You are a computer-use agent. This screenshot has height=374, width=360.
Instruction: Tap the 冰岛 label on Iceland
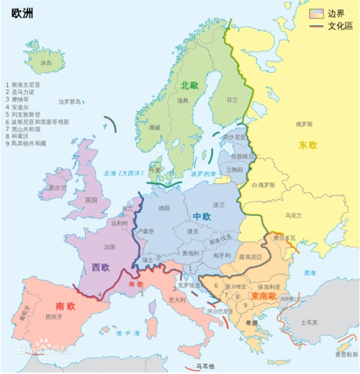pyautogui.click(x=47, y=63)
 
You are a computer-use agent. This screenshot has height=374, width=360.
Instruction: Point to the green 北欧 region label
pyautogui.click(x=190, y=85)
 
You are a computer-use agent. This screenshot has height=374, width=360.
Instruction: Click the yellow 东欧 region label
pyautogui.click(x=307, y=146)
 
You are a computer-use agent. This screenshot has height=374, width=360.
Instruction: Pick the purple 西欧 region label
pyautogui.click(x=101, y=267)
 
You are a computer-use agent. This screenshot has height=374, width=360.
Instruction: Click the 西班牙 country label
pyautogui.click(x=52, y=316)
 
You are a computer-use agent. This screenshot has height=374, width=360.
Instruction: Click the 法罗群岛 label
pyautogui.click(x=70, y=102)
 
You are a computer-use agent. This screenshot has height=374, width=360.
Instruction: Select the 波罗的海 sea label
pyautogui.click(x=204, y=174)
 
